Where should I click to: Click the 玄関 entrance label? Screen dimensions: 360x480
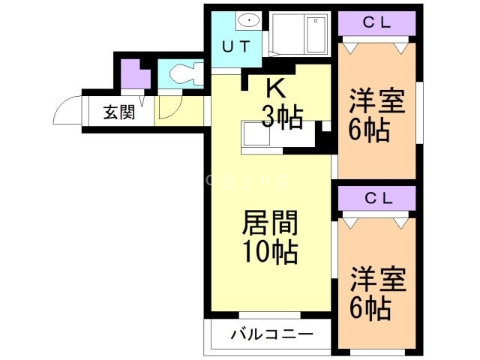point(118,113)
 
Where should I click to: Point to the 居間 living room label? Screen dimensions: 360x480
point(269,223)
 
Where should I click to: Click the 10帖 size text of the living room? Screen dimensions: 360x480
point(269,251)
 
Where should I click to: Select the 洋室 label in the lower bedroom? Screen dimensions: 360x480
point(378,279)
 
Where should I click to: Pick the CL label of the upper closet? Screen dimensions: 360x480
point(376,22)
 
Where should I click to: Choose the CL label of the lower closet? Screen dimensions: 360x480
point(377,198)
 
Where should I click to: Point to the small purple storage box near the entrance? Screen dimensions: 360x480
point(133,76)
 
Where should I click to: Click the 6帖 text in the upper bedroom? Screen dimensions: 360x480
point(368,130)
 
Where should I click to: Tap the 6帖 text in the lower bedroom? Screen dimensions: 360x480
point(369,307)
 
